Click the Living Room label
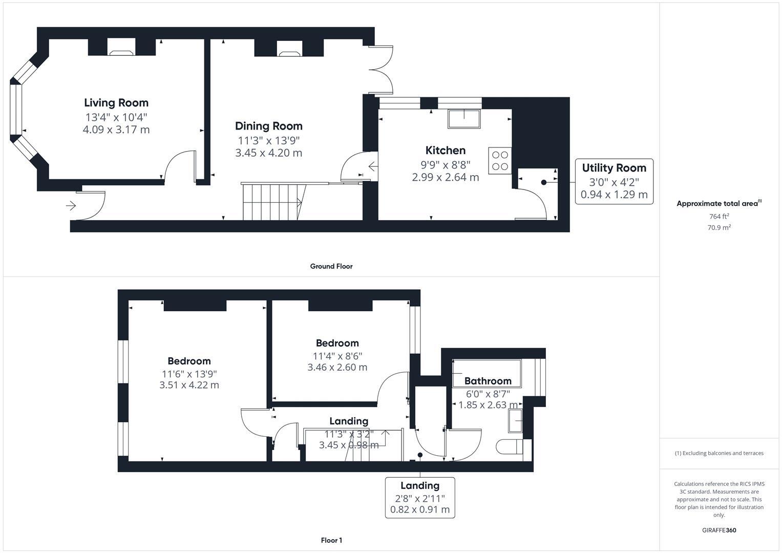pyautogui.click(x=116, y=103)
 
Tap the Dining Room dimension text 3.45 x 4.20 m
pyautogui.click(x=268, y=153)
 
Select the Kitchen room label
pyautogui.click(x=445, y=150)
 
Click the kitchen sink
pyautogui.click(x=464, y=119)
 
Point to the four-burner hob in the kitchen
pyautogui.click(x=499, y=160)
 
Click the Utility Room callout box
pyautogui.click(x=614, y=181)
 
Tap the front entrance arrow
pyautogui.click(x=71, y=206)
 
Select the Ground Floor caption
pyautogui.click(x=331, y=266)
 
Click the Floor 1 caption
pyautogui.click(x=331, y=540)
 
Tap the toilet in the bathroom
pyautogui.click(x=509, y=446)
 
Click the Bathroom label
pyautogui.click(x=488, y=381)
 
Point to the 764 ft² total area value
pyautogui.click(x=718, y=217)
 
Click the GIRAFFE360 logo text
pyautogui.click(x=718, y=530)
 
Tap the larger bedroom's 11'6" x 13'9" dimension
pyautogui.click(x=189, y=374)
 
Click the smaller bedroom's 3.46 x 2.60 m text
pyautogui.click(x=337, y=367)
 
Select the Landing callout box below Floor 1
pyautogui.click(x=419, y=497)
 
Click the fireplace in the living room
pyautogui.click(x=121, y=49)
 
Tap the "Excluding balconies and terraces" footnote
pyautogui.click(x=718, y=453)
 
